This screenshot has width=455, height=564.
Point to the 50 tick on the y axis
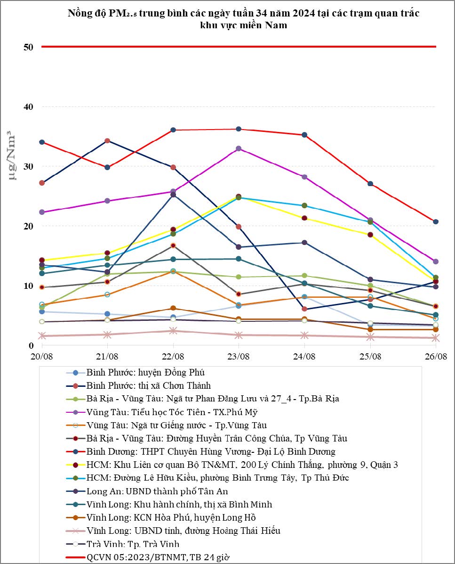tap(28, 47)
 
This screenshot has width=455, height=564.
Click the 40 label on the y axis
tap(28, 107)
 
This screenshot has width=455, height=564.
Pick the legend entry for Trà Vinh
tap(133, 544)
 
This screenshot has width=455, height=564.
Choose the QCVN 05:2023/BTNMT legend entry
tap(158, 557)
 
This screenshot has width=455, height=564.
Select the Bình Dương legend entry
tap(211, 452)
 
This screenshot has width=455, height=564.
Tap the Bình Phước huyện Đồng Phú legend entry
tap(145, 372)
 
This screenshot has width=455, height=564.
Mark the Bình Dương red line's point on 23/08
tap(239, 129)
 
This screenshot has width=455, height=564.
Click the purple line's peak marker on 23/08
tap(239, 148)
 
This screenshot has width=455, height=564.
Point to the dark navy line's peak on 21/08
tap(107, 141)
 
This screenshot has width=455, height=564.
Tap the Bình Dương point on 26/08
tap(436, 221)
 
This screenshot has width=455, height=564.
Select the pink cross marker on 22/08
tap(173, 331)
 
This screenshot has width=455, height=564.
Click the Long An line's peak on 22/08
tap(173, 195)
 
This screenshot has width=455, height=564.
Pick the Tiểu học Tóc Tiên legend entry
tap(172, 412)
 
